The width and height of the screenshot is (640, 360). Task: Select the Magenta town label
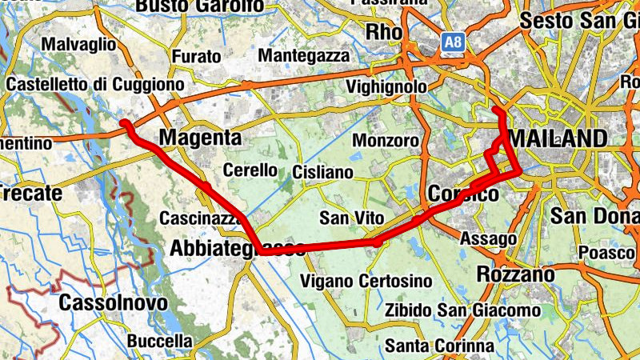click(200, 138)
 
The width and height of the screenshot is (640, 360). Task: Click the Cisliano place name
click(322, 172)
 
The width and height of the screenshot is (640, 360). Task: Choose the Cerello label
click(250, 170)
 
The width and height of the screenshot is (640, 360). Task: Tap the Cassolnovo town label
click(114, 303)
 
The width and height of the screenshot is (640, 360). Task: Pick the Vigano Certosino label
click(366, 282)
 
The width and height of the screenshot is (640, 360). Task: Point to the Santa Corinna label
click(438, 346)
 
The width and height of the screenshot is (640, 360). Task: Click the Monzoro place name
click(386, 141)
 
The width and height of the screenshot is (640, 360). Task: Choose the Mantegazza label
click(305, 56)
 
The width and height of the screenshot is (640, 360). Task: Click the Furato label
click(196, 56)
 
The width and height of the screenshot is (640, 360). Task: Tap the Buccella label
click(160, 341)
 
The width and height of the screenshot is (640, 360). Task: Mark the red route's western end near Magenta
click(125, 123)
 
